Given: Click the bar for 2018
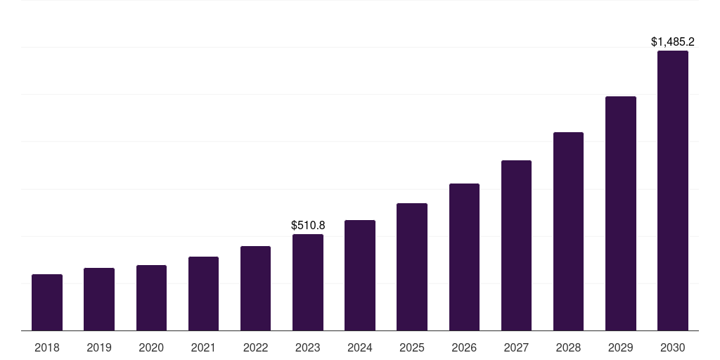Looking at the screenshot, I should pyautogui.click(x=47, y=302).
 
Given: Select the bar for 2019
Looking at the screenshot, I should pyautogui.click(x=99, y=299).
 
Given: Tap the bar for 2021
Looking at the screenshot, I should pyautogui.click(x=203, y=293).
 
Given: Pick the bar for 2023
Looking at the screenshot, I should pyautogui.click(x=308, y=282).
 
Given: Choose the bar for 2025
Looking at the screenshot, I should pyautogui.click(x=412, y=266).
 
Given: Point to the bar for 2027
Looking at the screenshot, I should pyautogui.click(x=516, y=245).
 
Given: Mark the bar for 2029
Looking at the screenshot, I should pyautogui.click(x=621, y=213).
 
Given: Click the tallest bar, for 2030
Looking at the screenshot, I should pyautogui.click(x=673, y=191).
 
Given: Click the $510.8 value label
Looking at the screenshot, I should pyautogui.click(x=308, y=226).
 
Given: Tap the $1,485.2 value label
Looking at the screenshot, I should pyautogui.click(x=673, y=42).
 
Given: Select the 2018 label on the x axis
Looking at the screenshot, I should pyautogui.click(x=47, y=347).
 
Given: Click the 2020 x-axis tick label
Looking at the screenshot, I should pyautogui.click(x=151, y=347).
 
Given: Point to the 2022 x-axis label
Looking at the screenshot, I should pyautogui.click(x=255, y=347).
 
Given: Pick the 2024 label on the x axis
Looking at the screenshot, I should pyautogui.click(x=360, y=347).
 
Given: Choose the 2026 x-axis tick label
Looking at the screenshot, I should pyautogui.click(x=464, y=347).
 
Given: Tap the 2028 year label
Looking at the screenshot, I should pyautogui.click(x=568, y=347).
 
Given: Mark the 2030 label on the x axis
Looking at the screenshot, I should pyautogui.click(x=673, y=347).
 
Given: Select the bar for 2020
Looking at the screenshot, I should pyautogui.click(x=151, y=297).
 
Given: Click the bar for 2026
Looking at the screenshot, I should pyautogui.click(x=464, y=257).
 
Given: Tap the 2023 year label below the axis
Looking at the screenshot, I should pyautogui.click(x=308, y=347).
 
